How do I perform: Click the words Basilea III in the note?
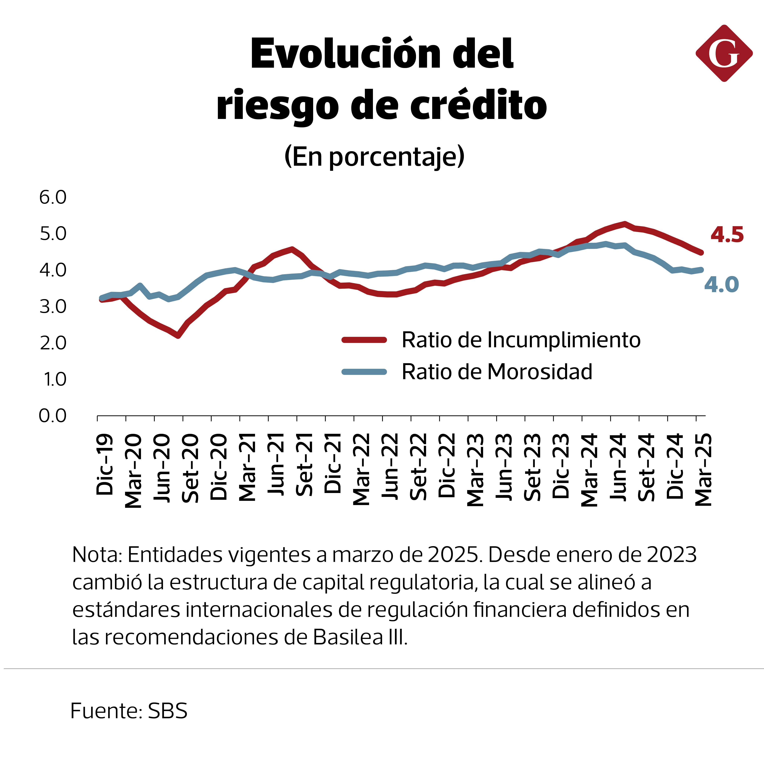360,637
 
